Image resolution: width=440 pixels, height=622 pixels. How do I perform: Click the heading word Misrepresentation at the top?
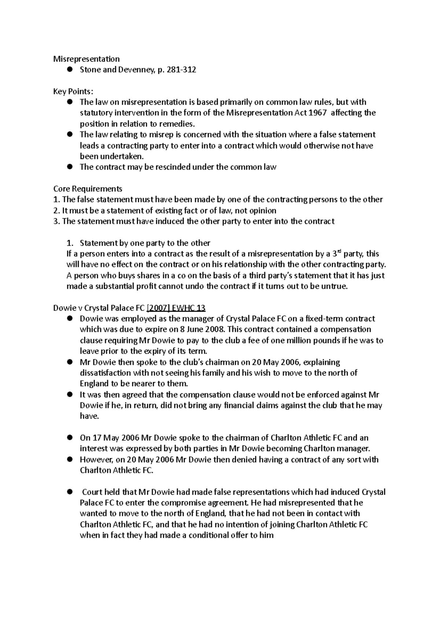pos(87,59)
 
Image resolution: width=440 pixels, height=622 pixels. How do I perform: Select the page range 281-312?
pos(181,70)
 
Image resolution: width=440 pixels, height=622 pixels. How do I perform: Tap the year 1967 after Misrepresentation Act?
pos(316,113)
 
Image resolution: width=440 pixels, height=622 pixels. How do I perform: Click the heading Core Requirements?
pos(88,189)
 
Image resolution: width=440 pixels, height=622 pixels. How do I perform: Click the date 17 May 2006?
pos(109,438)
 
